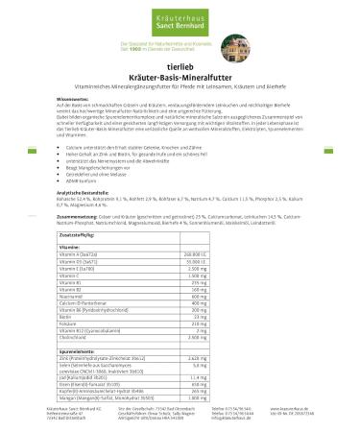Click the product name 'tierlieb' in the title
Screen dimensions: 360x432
[x=180, y=68]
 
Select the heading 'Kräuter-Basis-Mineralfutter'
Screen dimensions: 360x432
[x=180, y=77]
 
